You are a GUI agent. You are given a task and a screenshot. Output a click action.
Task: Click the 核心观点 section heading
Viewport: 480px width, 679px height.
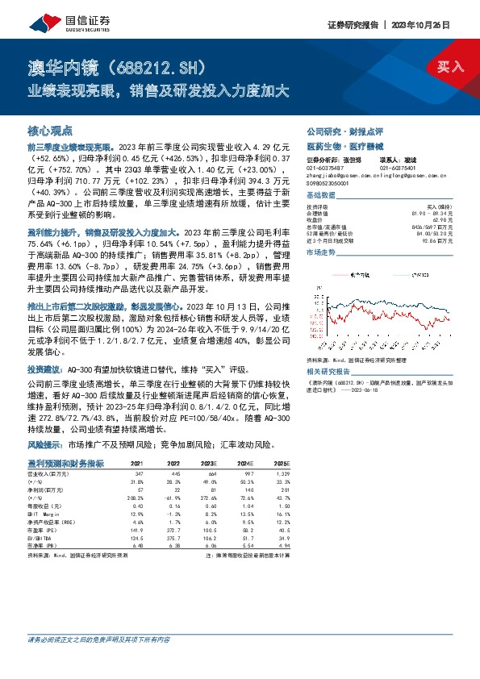[50, 130]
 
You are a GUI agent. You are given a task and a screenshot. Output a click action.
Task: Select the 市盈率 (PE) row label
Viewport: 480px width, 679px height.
[44, 529]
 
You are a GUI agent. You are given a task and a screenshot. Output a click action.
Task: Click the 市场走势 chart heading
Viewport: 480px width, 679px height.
[320, 252]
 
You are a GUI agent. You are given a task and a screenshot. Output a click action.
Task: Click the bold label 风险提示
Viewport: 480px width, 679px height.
[47, 445]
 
